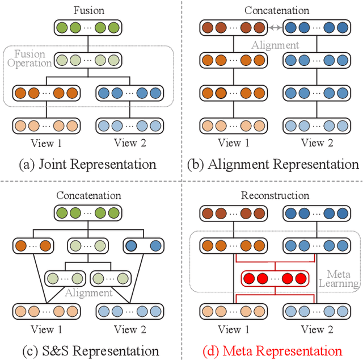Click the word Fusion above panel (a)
[88, 10]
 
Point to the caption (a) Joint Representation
[88, 165]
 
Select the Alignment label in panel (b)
[276, 44]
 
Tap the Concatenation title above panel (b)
[276, 10]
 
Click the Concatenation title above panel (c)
[88, 196]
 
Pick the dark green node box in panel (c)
[88, 214]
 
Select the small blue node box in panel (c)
[143, 246]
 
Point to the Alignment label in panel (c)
[88, 292]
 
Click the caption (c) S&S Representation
[88, 350]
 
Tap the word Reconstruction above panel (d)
[276, 196]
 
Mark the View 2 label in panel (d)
[312, 329]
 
